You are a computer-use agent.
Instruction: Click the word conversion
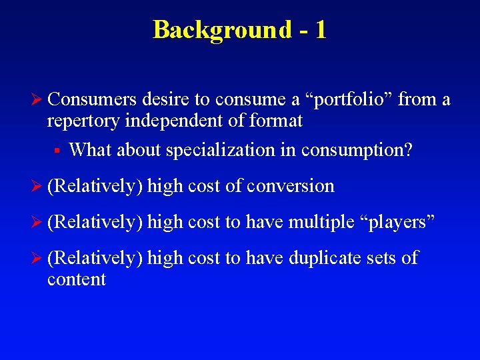[x=290, y=186]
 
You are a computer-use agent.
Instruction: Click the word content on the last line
[x=77, y=279]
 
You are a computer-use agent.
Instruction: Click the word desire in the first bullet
[x=161, y=100]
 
